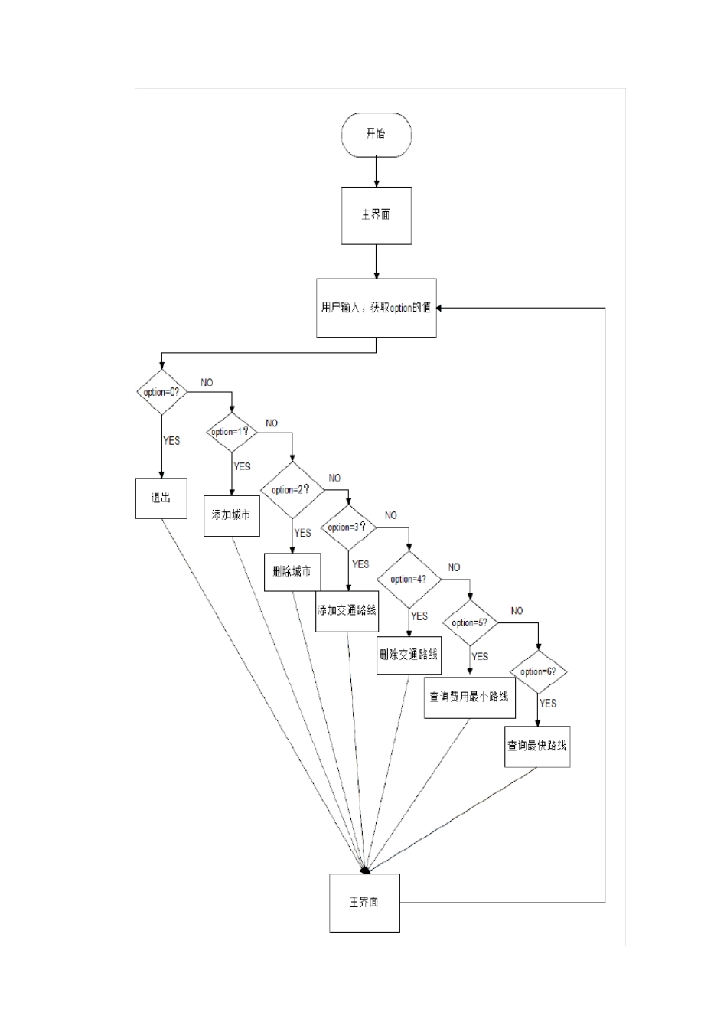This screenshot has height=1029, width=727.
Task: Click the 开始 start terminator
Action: click(x=376, y=135)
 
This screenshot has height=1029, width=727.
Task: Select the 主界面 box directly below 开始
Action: click(x=376, y=215)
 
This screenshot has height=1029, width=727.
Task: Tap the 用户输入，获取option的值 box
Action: click(x=376, y=308)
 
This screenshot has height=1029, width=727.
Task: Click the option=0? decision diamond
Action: click(x=161, y=392)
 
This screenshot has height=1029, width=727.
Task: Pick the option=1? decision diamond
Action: click(x=231, y=432)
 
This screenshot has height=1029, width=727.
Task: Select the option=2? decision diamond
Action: click(x=292, y=490)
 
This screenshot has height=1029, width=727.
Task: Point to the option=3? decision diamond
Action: click(x=348, y=528)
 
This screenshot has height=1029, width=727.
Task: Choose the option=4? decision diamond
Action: click(x=409, y=579)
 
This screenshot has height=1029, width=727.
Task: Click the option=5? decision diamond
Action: click(x=470, y=622)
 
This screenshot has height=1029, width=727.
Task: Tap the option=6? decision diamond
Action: click(x=538, y=671)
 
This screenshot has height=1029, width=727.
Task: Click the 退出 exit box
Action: click(x=161, y=498)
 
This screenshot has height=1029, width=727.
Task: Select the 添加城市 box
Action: click(x=231, y=515)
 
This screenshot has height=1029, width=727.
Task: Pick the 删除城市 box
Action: click(x=292, y=572)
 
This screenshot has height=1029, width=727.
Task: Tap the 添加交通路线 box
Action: click(x=347, y=611)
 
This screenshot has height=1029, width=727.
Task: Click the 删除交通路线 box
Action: click(x=409, y=655)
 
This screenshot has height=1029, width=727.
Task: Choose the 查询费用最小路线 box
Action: click(x=469, y=697)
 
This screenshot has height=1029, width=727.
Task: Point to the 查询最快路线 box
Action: click(x=537, y=746)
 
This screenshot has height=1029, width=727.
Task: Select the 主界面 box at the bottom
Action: click(x=364, y=903)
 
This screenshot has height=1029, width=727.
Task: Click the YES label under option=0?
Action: click(x=171, y=441)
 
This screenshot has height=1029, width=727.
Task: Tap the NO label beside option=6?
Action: click(x=517, y=611)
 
